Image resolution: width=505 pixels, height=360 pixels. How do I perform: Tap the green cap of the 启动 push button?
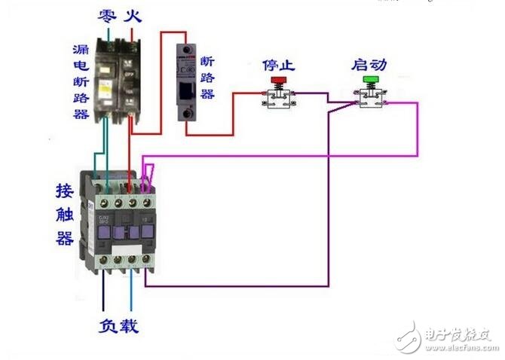[x=370, y=79]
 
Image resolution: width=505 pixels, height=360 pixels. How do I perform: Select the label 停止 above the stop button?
[x=278, y=63]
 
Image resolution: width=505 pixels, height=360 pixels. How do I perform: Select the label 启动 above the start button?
[x=369, y=63]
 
